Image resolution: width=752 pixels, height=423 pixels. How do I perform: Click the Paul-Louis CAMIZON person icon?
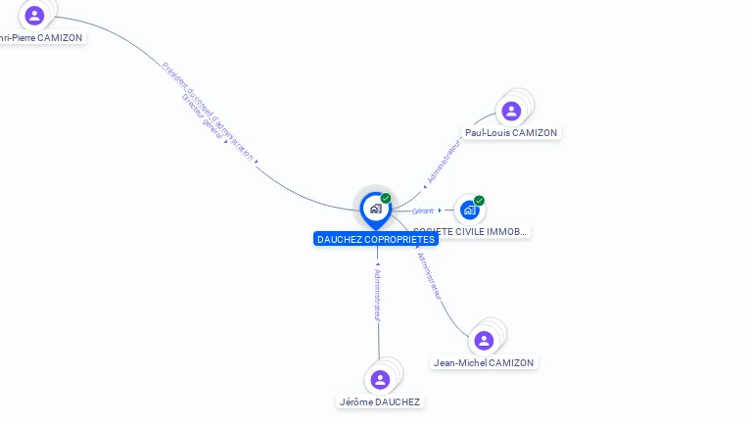click(x=510, y=111)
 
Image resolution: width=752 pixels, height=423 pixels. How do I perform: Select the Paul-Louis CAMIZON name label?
click(x=511, y=132)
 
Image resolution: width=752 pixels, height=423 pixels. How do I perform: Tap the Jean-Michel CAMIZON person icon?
click(x=484, y=341)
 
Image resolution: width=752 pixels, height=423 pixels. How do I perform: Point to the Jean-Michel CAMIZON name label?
click(x=484, y=362)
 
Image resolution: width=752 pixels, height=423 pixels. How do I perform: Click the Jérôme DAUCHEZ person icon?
click(x=380, y=380)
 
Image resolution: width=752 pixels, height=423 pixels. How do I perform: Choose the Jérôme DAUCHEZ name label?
click(x=380, y=401)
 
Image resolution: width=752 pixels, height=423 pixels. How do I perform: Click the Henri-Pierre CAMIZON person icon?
click(x=35, y=16)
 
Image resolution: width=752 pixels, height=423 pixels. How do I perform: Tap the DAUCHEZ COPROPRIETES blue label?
click(x=376, y=239)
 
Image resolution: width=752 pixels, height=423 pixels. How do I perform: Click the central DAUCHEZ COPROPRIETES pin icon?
click(x=375, y=209)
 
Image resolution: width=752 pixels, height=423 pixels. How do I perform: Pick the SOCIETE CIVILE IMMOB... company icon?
click(x=470, y=210)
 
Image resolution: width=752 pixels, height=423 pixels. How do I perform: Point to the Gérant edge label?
click(x=422, y=211)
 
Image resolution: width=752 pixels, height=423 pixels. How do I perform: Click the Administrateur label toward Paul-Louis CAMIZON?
click(x=444, y=161)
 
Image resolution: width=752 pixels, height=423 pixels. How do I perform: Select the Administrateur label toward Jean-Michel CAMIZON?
click(x=430, y=275)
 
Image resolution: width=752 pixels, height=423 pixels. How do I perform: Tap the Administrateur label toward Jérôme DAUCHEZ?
click(x=378, y=294)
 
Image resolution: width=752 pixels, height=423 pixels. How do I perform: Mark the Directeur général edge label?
click(x=203, y=117)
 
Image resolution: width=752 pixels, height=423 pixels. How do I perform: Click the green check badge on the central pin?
click(x=386, y=199)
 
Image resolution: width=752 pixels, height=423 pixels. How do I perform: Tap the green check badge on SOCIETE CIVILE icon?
click(x=479, y=201)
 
